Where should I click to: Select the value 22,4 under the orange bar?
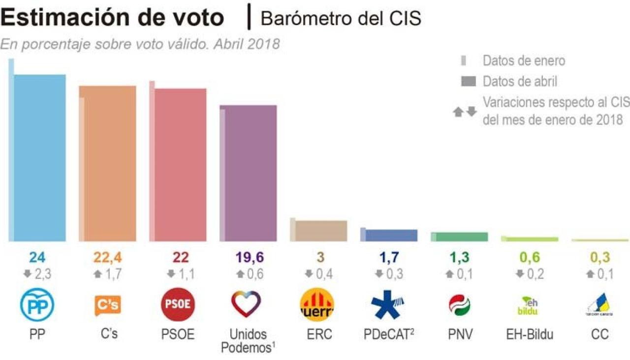108,257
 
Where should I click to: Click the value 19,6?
248,257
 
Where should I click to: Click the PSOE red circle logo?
178,305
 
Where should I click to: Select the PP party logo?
37,305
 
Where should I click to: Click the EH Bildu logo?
529,305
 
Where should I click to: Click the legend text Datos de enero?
524,60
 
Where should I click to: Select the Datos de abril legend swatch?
468,82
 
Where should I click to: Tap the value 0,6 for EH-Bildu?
530,257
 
